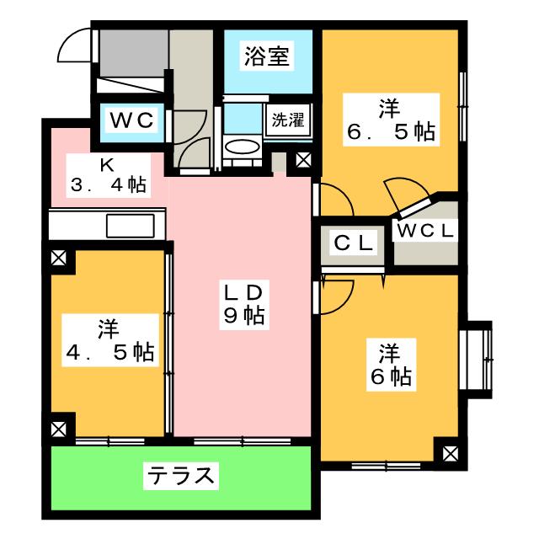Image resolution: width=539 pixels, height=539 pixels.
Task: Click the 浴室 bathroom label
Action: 266,56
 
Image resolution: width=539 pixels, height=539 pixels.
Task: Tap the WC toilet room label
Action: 131,120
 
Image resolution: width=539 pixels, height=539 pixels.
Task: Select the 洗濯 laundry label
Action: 288,120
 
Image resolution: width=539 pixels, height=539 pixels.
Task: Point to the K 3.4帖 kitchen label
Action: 109,175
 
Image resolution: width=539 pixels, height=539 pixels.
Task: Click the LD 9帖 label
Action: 244,305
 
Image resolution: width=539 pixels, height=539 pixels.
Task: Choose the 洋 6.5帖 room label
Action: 391,120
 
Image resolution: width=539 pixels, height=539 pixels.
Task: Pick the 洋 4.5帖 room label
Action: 110,340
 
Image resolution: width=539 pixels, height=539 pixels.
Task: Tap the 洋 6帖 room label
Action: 391,365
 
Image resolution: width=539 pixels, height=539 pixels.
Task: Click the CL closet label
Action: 354,243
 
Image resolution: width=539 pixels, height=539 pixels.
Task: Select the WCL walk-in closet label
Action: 425,231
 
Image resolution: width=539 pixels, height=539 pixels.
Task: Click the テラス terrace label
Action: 181,476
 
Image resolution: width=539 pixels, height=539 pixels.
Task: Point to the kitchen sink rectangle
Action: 131,226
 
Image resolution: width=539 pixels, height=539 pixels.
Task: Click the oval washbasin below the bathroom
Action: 242,147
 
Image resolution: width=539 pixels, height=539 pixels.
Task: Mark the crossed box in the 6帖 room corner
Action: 450,454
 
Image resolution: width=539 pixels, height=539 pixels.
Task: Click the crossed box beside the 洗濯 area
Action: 303,160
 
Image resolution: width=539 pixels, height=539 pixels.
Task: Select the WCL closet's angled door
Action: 414,208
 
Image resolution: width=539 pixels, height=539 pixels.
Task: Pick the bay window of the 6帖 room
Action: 477,360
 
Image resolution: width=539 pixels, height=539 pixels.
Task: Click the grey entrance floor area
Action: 134,53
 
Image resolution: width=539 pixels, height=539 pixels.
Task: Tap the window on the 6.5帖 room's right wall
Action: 462,107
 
